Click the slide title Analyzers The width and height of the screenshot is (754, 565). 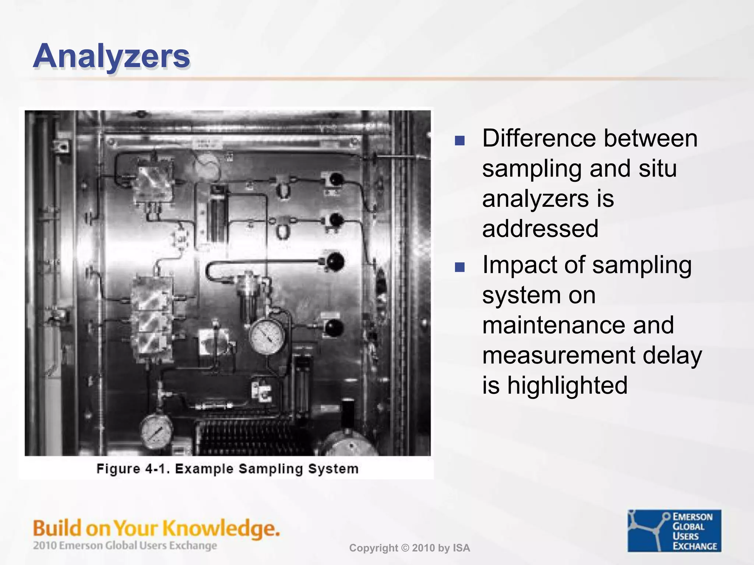point(112,56)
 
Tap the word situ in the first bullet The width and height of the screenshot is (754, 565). point(658,169)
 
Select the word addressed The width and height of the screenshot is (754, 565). point(540,229)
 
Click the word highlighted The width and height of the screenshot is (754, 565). point(567,385)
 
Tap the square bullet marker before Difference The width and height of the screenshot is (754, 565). point(460,141)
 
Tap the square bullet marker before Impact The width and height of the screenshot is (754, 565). point(460,267)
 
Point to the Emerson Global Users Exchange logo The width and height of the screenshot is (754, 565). point(674,531)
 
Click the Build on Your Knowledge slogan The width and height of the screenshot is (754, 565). point(156,528)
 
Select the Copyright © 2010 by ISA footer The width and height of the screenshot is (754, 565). point(409,548)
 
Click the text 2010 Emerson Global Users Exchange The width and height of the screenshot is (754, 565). point(125,546)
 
